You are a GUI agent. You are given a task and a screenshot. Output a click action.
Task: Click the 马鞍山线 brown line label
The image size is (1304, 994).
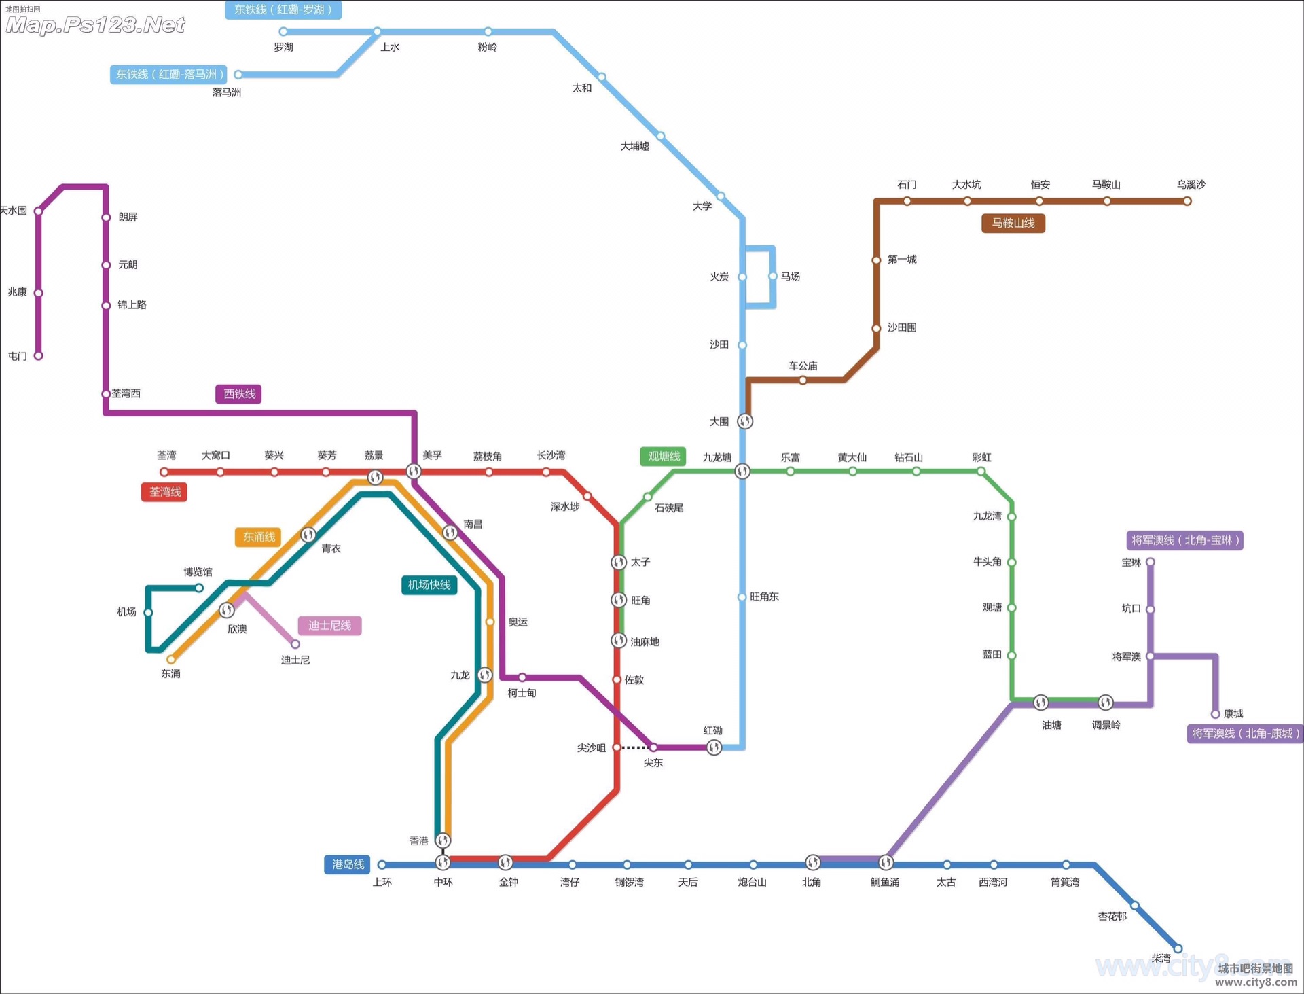pos(1013,223)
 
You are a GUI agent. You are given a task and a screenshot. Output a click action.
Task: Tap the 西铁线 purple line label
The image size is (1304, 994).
pos(238,394)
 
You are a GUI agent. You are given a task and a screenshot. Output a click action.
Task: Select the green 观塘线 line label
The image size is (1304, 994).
pos(663,457)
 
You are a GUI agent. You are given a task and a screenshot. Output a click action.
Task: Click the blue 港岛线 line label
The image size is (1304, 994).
pos(347,864)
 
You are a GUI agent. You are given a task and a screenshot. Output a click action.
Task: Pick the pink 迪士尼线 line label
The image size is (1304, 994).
pos(329,625)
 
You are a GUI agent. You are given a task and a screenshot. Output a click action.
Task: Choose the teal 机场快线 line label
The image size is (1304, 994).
pos(429,584)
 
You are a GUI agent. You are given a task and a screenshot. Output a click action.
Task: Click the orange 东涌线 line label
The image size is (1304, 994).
pos(259,537)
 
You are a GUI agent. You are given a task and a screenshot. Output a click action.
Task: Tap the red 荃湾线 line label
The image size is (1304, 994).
pos(164,492)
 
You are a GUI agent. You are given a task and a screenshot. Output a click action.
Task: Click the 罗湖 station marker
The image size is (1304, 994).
pos(283,31)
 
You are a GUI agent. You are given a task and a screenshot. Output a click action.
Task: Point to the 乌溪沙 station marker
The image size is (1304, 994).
pos(1187,201)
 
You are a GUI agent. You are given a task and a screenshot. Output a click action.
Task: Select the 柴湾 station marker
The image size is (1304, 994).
pos(1178,948)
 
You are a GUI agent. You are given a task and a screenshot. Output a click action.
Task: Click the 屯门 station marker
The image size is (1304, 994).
pos(39,355)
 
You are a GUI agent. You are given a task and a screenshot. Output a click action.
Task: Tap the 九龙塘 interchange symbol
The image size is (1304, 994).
pos(742,471)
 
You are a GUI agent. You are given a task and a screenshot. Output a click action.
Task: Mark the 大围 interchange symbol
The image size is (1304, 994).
pos(745,421)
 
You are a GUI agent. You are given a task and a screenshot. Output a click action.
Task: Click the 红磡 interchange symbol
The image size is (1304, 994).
pos(714,747)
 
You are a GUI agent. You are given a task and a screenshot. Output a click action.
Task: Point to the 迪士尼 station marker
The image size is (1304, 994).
pos(295,644)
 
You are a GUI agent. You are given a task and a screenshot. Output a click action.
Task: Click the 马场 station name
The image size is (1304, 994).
pos(790,277)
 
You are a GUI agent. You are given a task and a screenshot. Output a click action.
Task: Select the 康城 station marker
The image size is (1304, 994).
pos(1215,714)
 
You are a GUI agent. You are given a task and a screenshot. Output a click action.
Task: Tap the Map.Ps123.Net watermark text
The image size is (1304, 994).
pos(95,25)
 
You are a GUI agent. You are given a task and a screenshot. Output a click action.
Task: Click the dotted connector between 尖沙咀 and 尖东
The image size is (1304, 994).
pos(634,747)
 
